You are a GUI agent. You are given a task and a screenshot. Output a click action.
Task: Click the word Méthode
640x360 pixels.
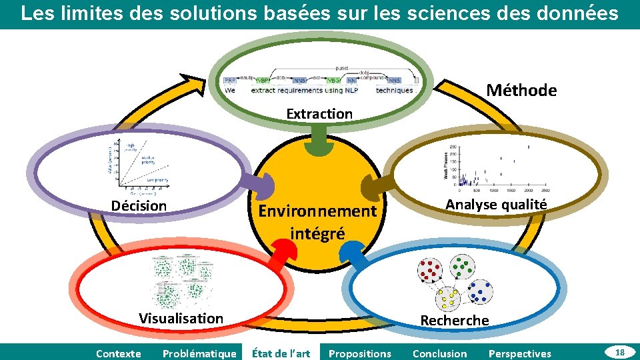[521, 91]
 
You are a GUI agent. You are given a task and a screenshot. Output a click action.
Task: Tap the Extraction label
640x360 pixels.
[319, 114]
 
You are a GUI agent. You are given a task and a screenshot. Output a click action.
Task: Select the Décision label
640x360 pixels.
[139, 206]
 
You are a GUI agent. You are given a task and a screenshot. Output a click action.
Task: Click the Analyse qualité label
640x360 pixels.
[496, 205]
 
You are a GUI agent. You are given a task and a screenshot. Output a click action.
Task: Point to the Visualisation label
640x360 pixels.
[181, 318]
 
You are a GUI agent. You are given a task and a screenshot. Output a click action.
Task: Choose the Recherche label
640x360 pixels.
[454, 321]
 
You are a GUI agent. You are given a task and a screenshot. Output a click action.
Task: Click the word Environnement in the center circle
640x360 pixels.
[317, 212]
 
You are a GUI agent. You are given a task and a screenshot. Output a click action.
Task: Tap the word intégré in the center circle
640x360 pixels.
[317, 234]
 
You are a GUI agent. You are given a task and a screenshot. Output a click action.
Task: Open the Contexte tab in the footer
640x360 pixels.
[119, 353]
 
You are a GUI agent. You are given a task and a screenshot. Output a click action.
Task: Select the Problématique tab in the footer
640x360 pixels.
[199, 353]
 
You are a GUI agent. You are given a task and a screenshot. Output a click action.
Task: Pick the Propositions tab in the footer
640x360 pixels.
[360, 353]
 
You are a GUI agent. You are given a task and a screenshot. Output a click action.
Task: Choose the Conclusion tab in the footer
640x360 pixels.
[440, 353]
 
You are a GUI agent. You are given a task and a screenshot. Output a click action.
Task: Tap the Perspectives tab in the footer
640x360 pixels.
[520, 353]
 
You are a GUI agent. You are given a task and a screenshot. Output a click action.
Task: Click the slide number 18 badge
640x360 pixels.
[619, 351]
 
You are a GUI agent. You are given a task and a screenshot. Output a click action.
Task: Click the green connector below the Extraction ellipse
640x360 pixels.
[319, 139]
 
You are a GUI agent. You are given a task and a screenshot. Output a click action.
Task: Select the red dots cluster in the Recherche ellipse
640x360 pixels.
[429, 270]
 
